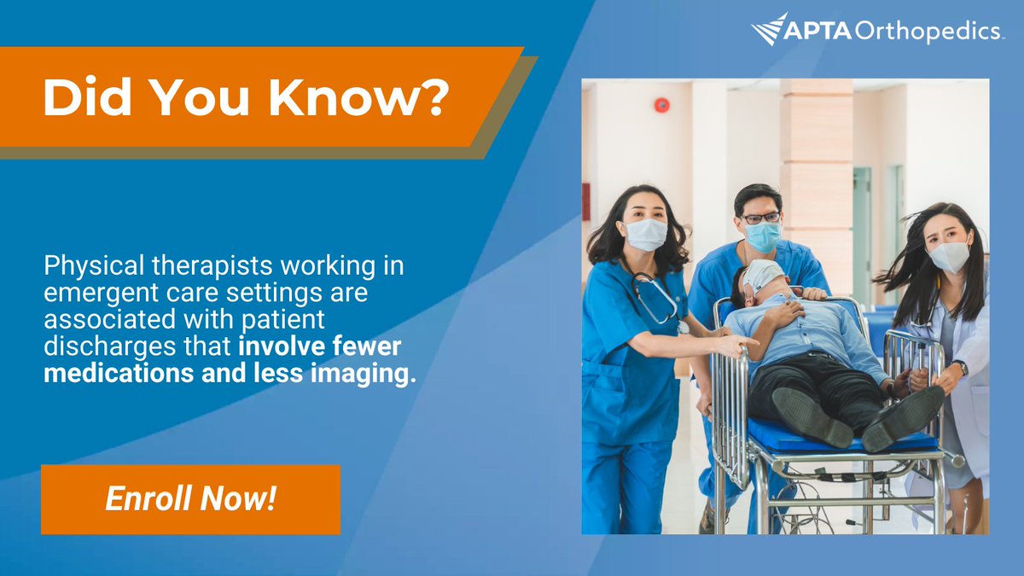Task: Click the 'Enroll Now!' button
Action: (190, 499)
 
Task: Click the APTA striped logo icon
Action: (769, 29)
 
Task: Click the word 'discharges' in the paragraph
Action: (94, 347)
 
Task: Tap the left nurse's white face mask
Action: (646, 234)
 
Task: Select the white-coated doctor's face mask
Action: (948, 255)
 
